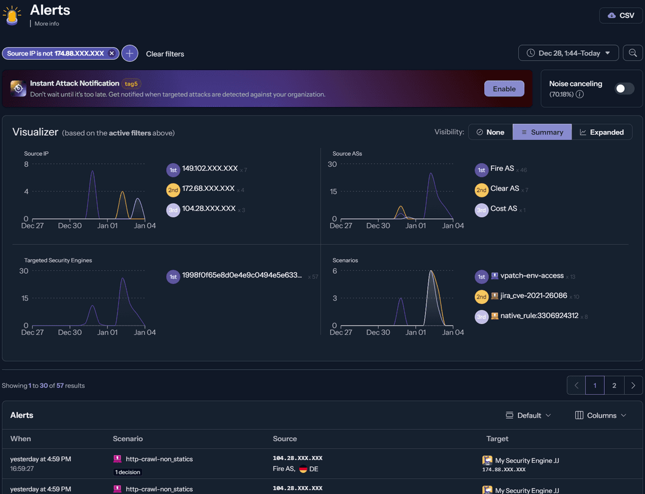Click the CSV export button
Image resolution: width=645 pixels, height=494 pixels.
(x=621, y=16)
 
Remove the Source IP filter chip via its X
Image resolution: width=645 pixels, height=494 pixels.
(x=112, y=53)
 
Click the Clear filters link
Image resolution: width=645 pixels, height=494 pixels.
(x=165, y=54)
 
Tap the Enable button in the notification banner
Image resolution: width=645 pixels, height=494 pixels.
(x=504, y=89)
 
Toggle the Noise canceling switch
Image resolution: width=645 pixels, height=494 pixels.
(x=624, y=89)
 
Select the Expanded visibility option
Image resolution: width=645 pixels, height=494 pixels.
(x=601, y=132)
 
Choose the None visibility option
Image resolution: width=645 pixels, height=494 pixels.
(x=490, y=132)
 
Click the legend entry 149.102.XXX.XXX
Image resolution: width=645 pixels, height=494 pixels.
(x=210, y=169)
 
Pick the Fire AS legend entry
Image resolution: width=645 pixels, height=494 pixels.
(x=502, y=169)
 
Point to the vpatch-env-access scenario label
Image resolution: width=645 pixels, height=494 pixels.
(x=532, y=276)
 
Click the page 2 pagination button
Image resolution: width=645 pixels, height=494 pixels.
(x=614, y=386)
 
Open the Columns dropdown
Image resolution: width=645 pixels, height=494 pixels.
(x=601, y=415)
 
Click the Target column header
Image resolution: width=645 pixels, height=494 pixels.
(x=497, y=438)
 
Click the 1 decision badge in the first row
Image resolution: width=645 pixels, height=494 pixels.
(x=128, y=472)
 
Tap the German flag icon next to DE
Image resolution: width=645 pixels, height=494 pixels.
(x=303, y=469)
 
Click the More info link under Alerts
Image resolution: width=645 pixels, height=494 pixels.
(x=47, y=24)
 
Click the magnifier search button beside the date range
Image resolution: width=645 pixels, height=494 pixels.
(x=632, y=53)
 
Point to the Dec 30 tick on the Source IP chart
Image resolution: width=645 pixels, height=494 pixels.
(x=70, y=225)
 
